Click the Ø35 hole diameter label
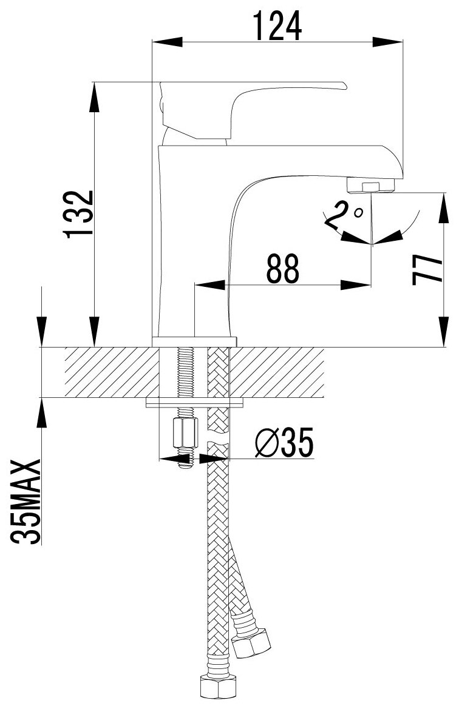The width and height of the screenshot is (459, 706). [x=285, y=445]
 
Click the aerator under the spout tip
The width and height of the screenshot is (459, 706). [x=370, y=184]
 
